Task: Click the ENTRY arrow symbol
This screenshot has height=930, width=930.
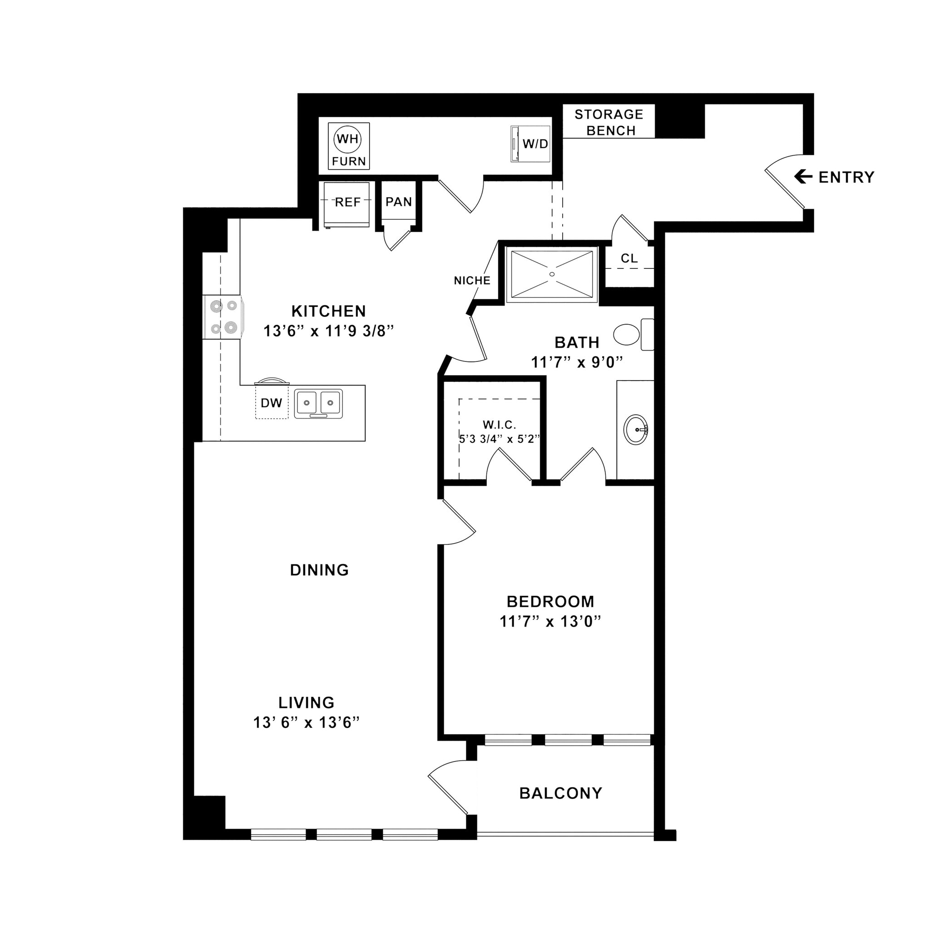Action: tap(803, 177)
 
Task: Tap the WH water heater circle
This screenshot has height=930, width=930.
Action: tap(347, 139)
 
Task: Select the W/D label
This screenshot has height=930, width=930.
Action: tap(535, 144)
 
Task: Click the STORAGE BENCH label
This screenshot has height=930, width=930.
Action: tap(609, 122)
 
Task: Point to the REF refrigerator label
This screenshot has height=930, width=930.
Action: tap(347, 202)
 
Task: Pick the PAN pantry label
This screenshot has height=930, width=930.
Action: tap(399, 202)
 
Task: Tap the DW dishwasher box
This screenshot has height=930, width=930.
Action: tap(272, 403)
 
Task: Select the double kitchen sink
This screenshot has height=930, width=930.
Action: tap(318, 403)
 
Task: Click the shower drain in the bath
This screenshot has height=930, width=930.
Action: tap(552, 274)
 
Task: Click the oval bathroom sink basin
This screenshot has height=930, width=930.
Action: tap(636, 430)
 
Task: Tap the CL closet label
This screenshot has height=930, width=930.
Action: tap(629, 258)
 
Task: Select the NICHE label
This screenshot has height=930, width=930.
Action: tap(472, 281)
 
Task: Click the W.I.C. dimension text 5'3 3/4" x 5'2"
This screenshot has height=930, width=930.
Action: tap(500, 439)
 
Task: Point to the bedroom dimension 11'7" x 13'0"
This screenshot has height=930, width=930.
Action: tap(551, 622)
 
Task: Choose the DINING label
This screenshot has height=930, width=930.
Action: tap(319, 570)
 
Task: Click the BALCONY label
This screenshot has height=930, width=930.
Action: tap(561, 793)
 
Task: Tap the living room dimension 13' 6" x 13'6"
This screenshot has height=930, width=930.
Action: tap(307, 722)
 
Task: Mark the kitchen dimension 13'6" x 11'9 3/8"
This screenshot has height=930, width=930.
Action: tap(329, 331)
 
